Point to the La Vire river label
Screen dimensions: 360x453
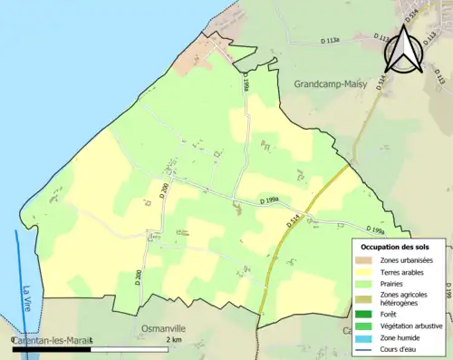point(27,299)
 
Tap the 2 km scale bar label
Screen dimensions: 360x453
point(175,338)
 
